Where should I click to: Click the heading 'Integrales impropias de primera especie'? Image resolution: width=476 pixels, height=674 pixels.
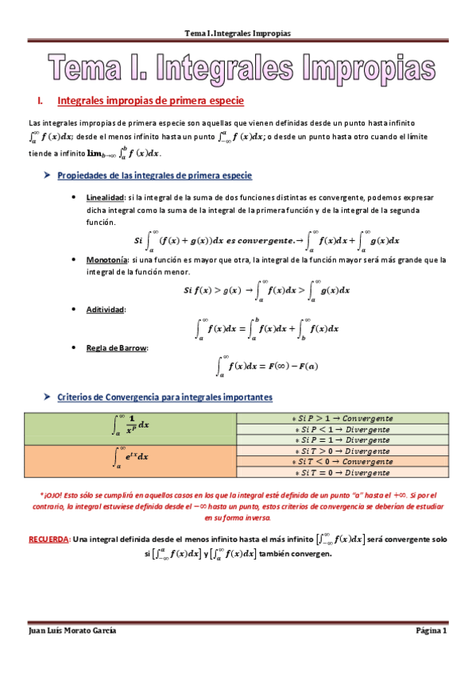coord(145,101)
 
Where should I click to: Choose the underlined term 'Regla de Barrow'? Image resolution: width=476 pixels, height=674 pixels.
coord(111,347)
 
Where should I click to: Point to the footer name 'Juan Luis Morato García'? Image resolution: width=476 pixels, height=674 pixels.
coord(72,630)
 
